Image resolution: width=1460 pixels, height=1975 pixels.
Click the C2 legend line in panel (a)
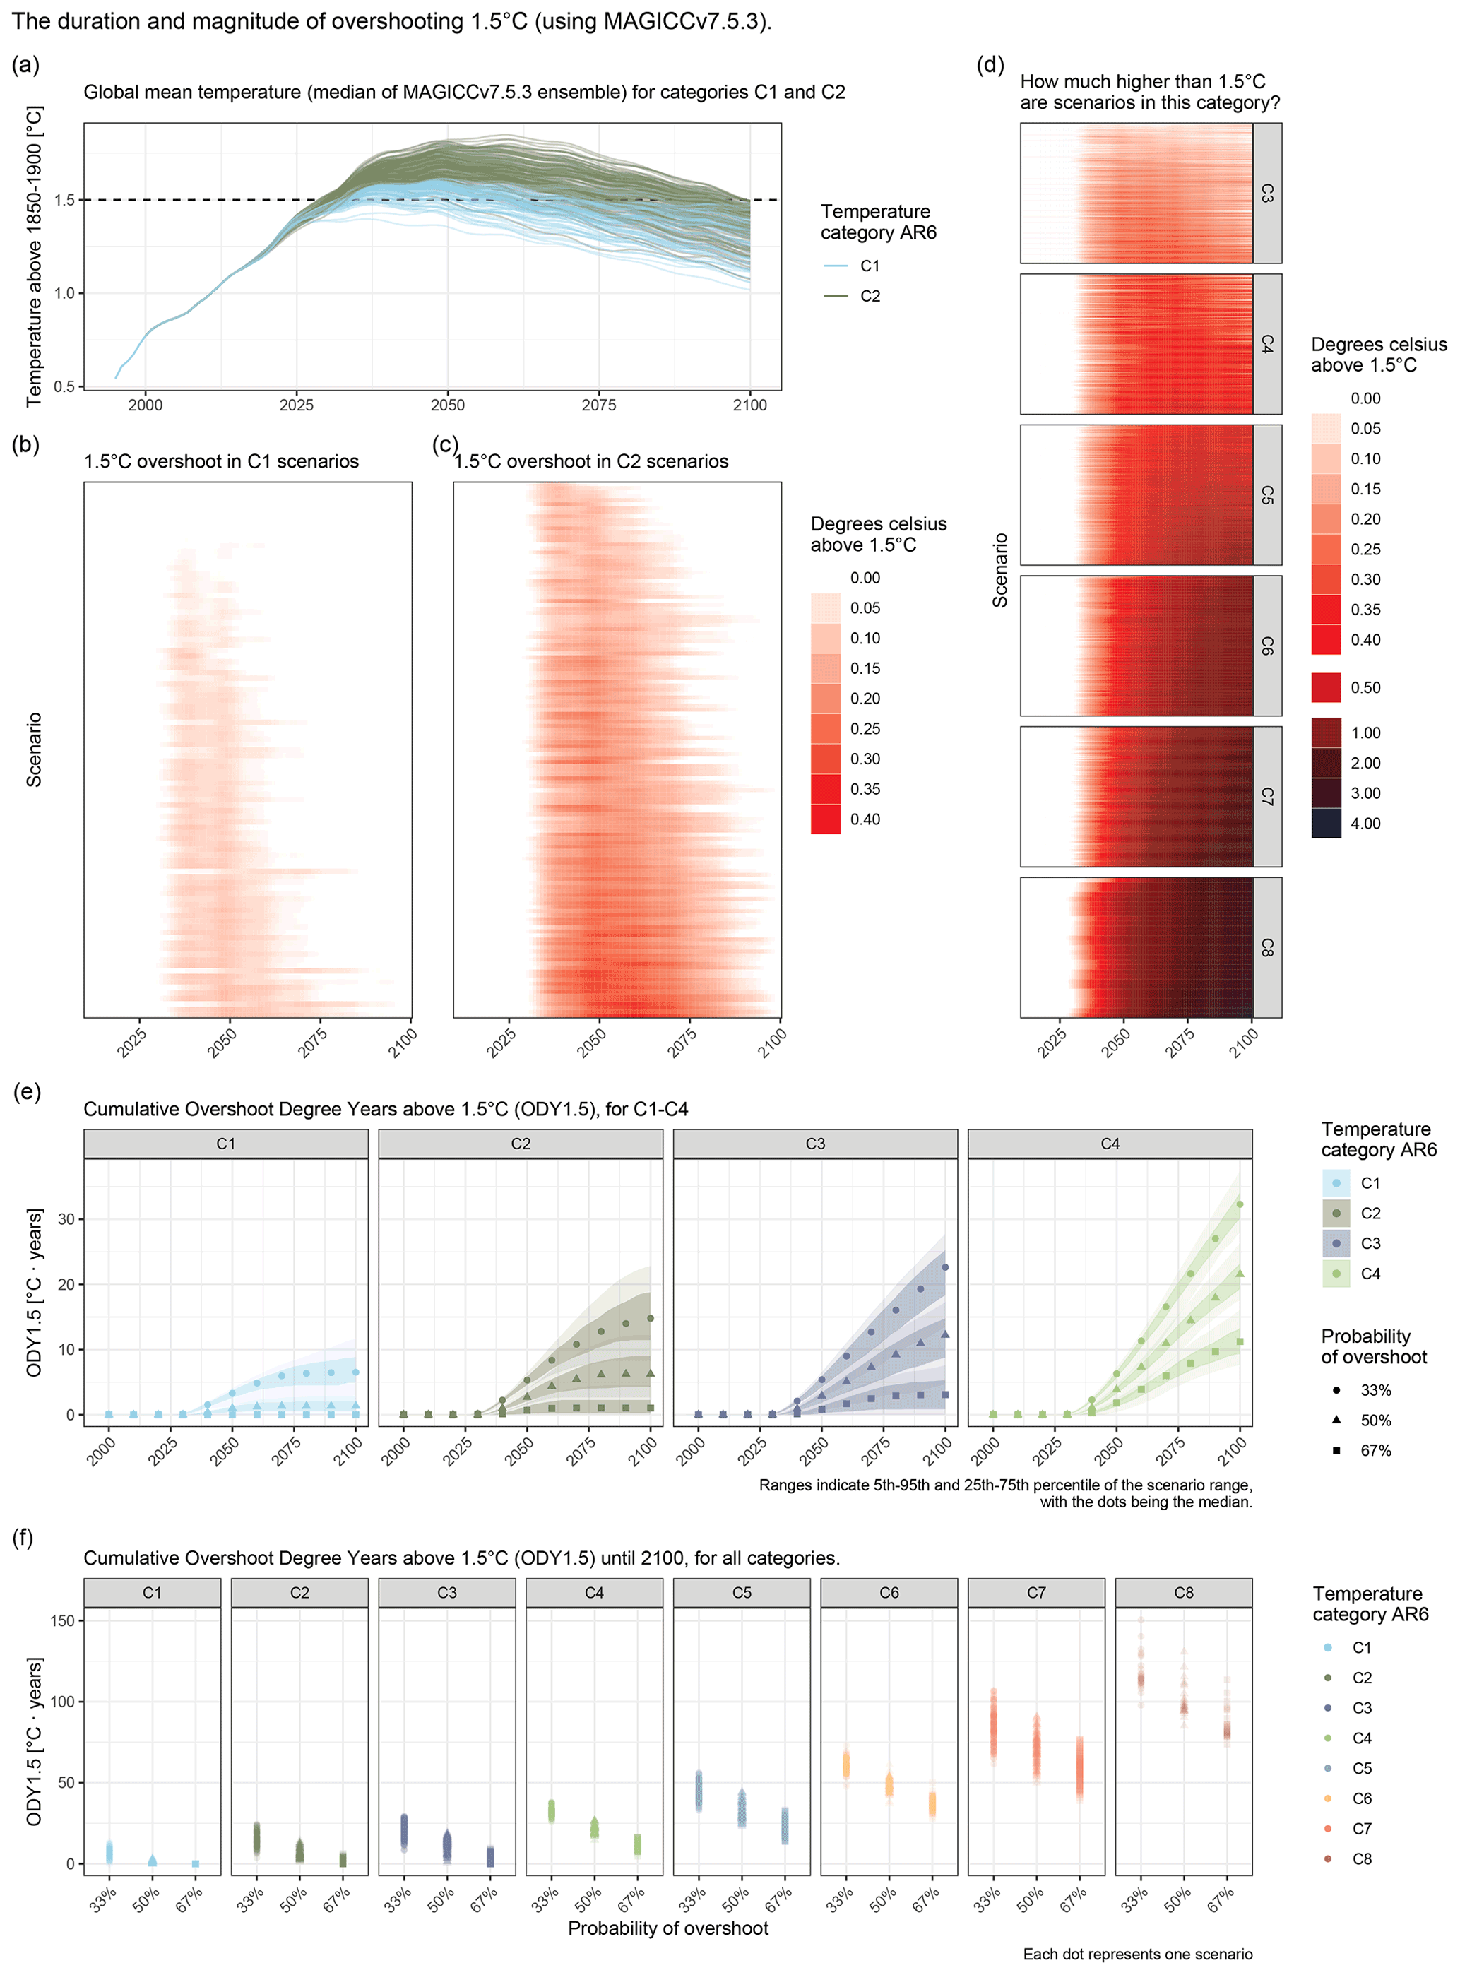[836, 296]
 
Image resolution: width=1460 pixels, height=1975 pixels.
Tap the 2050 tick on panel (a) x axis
[447, 405]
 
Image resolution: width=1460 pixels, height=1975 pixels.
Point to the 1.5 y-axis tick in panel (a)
[64, 201]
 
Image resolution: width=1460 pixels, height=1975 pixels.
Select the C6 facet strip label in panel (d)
[1266, 646]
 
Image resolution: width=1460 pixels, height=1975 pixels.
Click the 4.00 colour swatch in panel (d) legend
[1326, 824]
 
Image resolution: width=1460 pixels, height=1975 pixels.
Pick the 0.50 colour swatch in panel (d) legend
[1326, 687]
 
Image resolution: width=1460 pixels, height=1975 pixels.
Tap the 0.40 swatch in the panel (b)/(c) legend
[826, 819]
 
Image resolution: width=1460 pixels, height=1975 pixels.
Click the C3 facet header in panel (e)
[815, 1144]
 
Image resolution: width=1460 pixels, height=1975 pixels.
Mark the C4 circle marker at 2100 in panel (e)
[1240, 1204]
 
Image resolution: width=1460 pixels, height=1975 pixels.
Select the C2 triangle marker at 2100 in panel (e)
[651, 1373]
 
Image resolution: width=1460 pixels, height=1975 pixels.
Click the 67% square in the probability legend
[1336, 1450]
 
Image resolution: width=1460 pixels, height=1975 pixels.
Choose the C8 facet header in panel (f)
[1183, 1592]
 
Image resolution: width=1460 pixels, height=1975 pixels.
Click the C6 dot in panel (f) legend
[1327, 1798]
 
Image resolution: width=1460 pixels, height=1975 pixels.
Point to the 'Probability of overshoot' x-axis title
[668, 1928]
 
